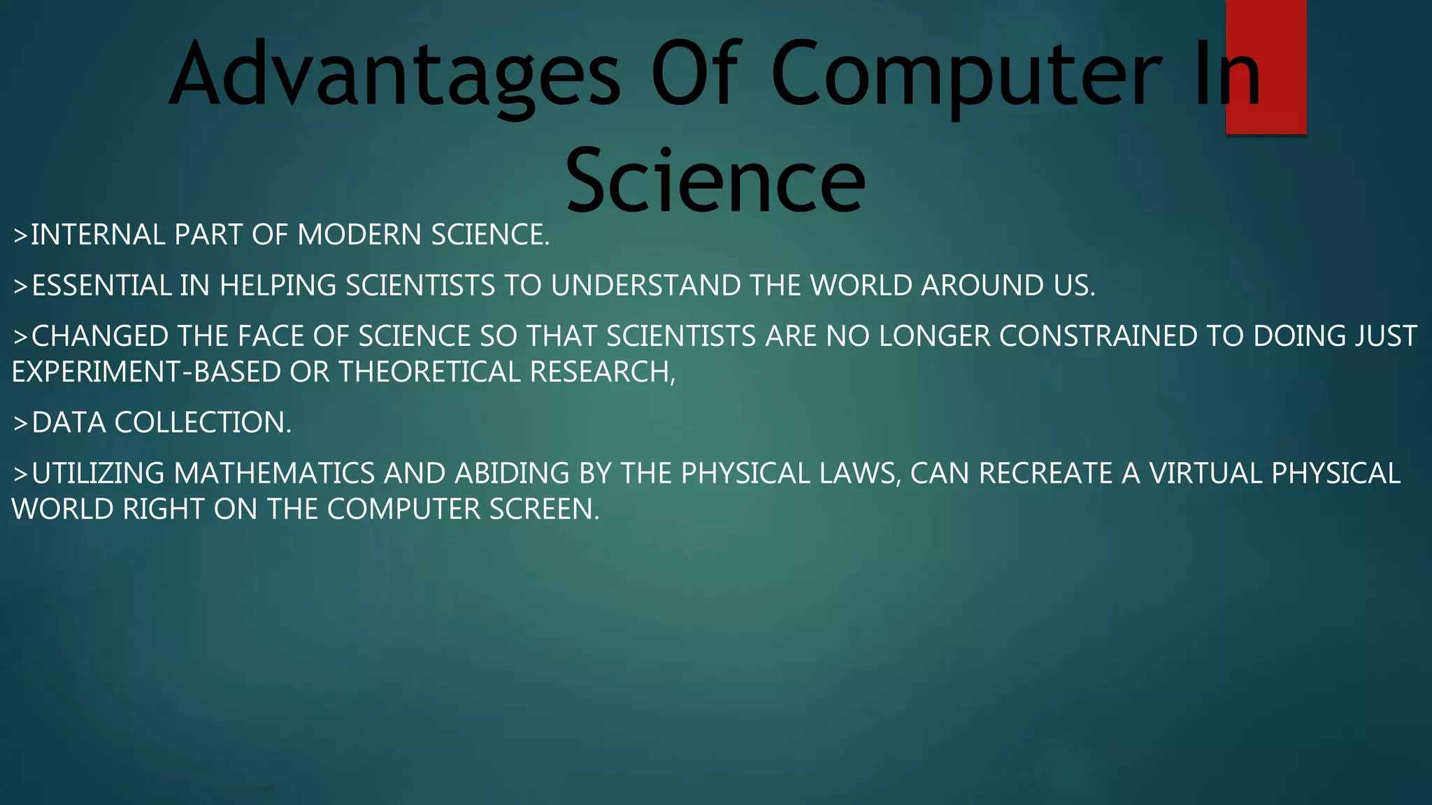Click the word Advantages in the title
tap(394, 75)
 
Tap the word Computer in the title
tap(966, 75)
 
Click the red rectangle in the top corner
tap(1266, 66)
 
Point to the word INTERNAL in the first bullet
tap(98, 235)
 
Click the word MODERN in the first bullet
tap(353, 235)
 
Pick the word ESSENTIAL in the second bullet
tap(101, 286)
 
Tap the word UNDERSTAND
tap(645, 286)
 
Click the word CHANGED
tap(100, 337)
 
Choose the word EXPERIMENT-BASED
tap(146, 372)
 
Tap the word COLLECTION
tap(203, 423)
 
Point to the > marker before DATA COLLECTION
tap(20, 423)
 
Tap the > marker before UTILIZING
tap(20, 474)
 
